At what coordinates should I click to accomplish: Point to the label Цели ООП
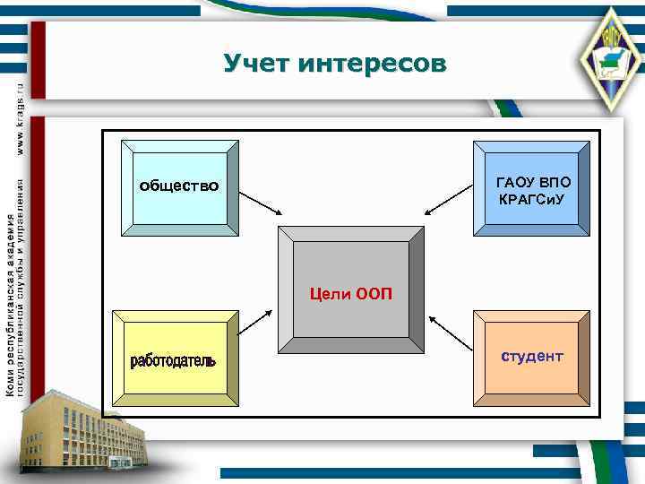[x=350, y=293]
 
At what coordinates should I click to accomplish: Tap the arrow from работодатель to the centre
[x=256, y=322]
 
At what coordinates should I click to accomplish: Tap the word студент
[x=532, y=357]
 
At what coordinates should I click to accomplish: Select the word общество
[x=179, y=186]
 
